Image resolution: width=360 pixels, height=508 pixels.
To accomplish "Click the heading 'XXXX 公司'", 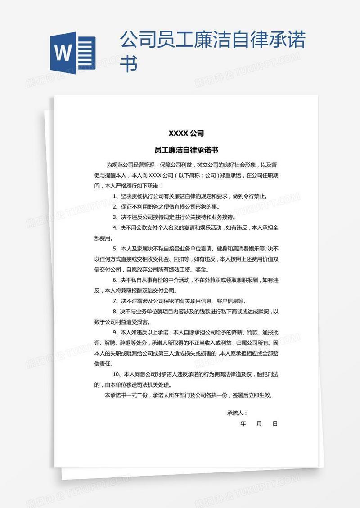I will coord(186,133).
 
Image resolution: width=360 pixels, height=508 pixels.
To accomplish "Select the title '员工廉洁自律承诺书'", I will coord(186,150).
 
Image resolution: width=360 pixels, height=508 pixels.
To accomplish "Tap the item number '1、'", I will coord(116,196).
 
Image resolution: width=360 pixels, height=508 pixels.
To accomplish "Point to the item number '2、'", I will coord(116,206).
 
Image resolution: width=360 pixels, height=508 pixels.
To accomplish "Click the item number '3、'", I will coord(116,217).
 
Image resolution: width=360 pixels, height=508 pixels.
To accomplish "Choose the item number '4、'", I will coord(116,228).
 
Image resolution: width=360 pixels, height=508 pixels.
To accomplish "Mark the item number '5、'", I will coord(116,249).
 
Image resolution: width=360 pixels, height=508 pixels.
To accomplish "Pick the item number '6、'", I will coord(116,280).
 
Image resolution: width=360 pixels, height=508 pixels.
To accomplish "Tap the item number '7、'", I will coord(116,301).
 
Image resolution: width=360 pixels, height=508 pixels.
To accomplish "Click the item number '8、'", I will coord(116,311).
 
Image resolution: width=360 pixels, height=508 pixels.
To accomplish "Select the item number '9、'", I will coord(116,332).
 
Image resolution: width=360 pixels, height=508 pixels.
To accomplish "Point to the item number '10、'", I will coord(117,374).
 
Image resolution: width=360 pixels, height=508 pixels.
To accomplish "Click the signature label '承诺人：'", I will coord(237,413).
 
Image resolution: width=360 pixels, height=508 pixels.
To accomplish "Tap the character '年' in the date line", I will coord(243,423).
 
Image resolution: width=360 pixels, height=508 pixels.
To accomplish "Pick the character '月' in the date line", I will coord(259,423).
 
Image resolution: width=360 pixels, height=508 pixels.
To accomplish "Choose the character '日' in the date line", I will coord(275,423).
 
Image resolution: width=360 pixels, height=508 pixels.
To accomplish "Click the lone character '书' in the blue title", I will coord(129,64).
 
